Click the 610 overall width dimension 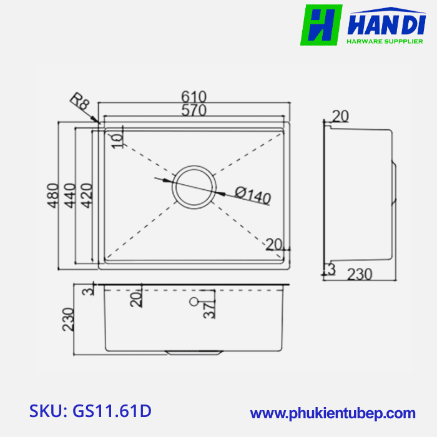[194, 97]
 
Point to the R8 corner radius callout [79, 102]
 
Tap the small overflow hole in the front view [194, 303]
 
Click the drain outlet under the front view [194, 353]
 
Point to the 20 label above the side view [340, 115]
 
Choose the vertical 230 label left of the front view [69, 319]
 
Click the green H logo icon [322, 25]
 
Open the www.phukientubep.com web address [333, 413]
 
